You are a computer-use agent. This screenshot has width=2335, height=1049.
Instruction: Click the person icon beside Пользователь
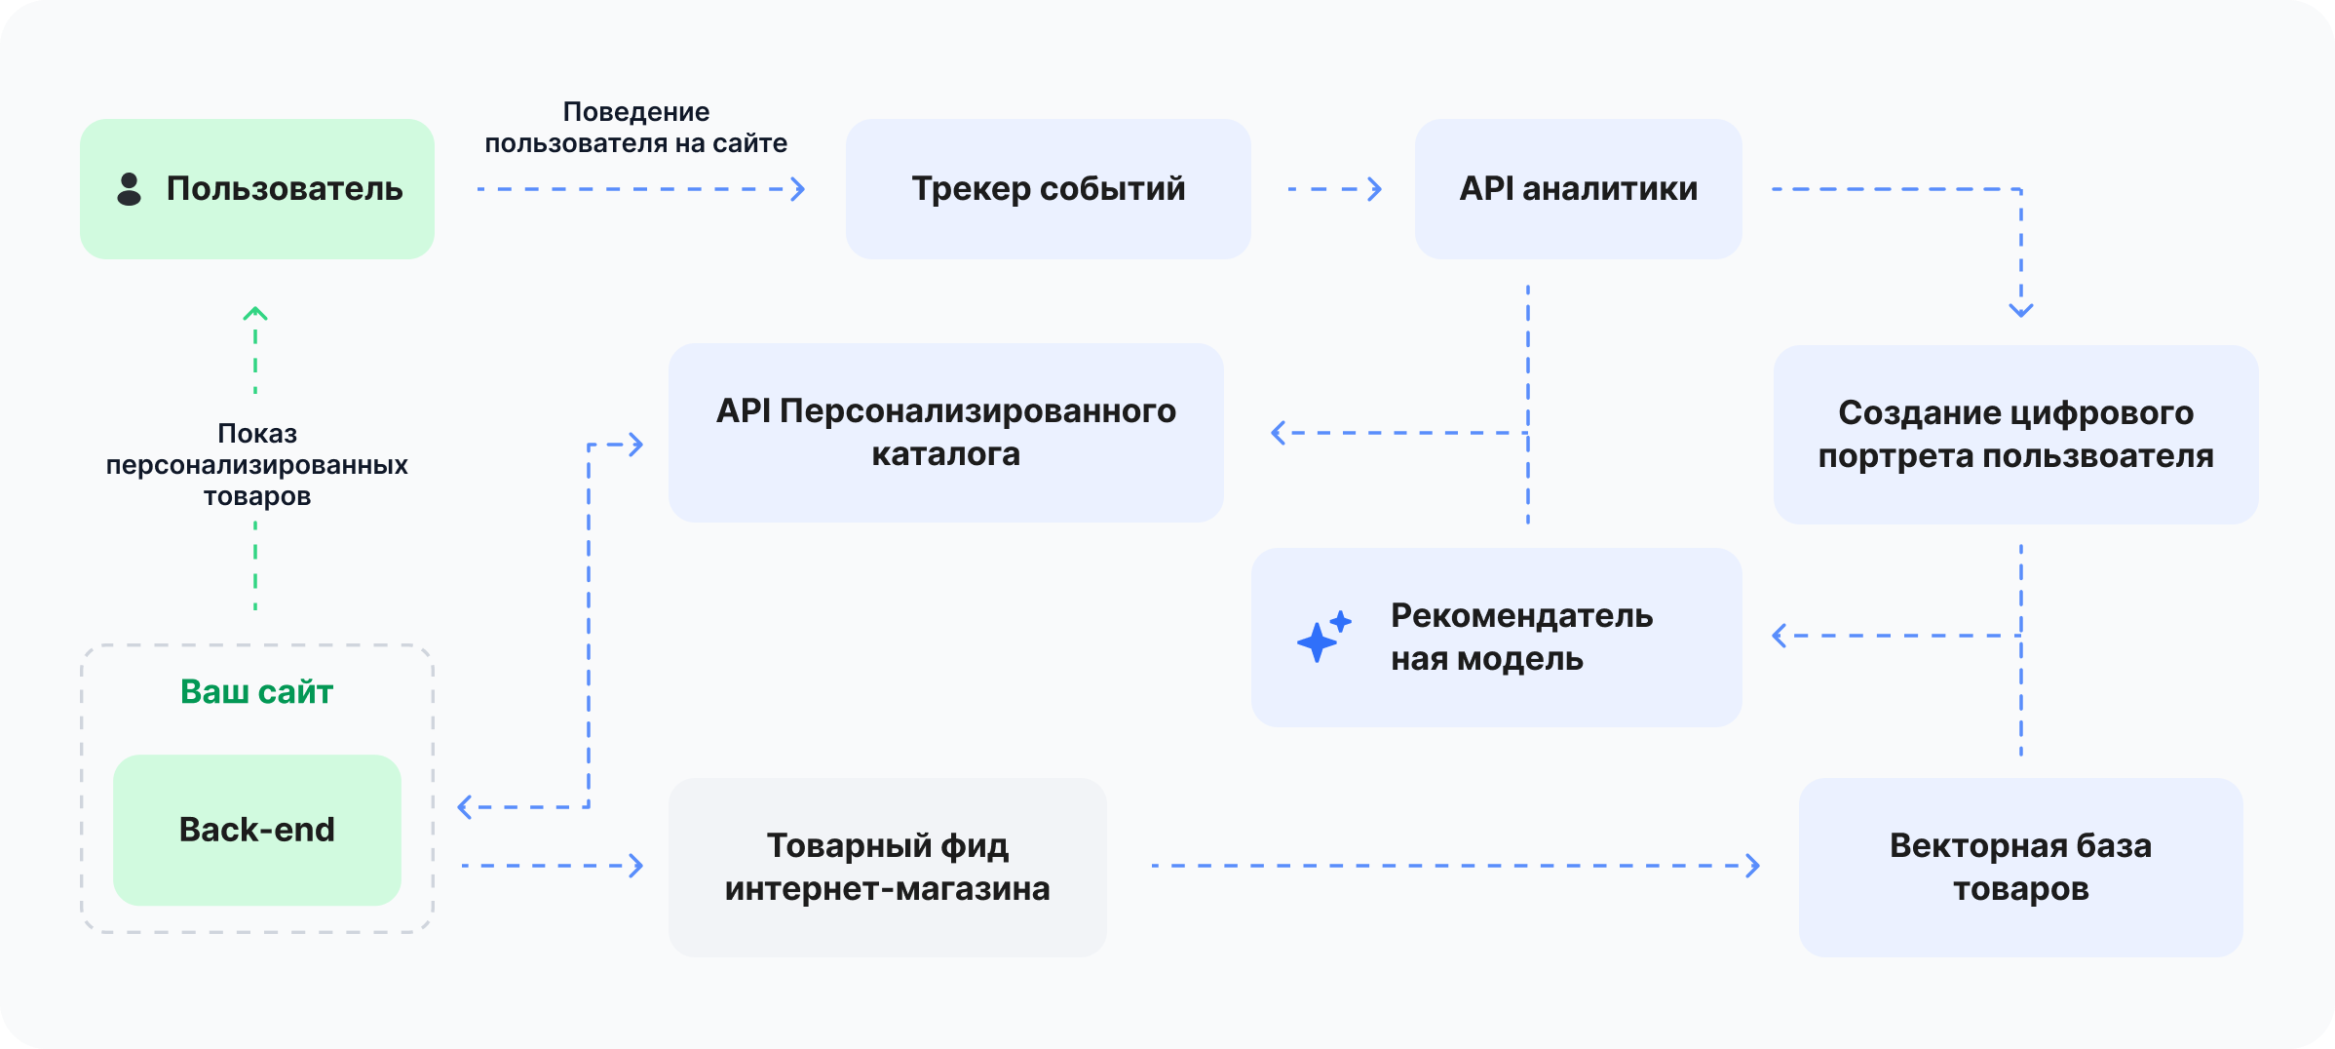pyautogui.click(x=129, y=189)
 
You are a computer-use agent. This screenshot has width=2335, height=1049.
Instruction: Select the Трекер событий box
pyautogui.click(x=1048, y=189)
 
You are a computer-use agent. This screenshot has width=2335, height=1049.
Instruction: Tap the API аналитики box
pyautogui.click(x=1578, y=189)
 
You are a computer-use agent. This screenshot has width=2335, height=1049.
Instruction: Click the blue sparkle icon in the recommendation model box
pyautogui.click(x=1322, y=637)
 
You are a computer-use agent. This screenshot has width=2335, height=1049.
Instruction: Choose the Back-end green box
pyautogui.click(x=257, y=830)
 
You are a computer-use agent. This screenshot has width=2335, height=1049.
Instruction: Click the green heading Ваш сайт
pyautogui.click(x=257, y=691)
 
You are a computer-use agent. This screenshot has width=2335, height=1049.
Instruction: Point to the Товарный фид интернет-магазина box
pyautogui.click(x=887, y=867)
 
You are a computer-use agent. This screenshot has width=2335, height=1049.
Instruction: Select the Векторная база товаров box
pyautogui.click(x=2020, y=867)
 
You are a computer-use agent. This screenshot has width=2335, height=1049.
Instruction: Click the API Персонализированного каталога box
pyautogui.click(x=945, y=432)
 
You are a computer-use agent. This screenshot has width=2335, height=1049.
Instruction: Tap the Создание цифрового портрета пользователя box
pyautogui.click(x=2015, y=434)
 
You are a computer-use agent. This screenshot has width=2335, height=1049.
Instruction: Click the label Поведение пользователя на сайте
pyautogui.click(x=636, y=128)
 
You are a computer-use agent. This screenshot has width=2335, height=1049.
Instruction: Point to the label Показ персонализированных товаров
pyautogui.click(x=257, y=464)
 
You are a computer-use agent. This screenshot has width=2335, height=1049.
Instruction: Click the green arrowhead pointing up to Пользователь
pyautogui.click(x=255, y=314)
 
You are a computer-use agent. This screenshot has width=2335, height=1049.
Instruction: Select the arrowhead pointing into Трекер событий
pyautogui.click(x=798, y=189)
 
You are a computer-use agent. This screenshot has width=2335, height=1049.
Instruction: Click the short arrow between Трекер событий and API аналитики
pyautogui.click(x=1335, y=189)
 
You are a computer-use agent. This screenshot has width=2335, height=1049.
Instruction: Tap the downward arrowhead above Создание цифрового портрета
pyautogui.click(x=2021, y=310)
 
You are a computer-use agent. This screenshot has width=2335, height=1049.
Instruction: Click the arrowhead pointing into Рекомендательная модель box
pyautogui.click(x=1780, y=636)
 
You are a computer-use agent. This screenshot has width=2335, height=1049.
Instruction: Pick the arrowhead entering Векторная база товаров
pyautogui.click(x=1752, y=866)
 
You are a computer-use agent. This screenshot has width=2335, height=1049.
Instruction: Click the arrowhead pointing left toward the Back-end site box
pyautogui.click(x=466, y=807)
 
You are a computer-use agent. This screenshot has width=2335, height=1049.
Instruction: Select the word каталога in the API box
pyautogui.click(x=945, y=454)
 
